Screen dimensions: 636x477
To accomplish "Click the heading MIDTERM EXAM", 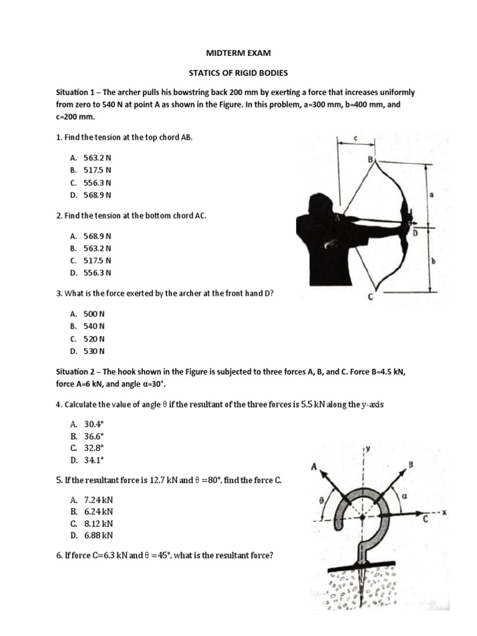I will (238, 53).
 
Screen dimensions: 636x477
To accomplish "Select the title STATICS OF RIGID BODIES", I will (238, 73).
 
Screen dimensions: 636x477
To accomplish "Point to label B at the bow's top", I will (371, 160).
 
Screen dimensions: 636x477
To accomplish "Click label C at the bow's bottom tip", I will (371, 298).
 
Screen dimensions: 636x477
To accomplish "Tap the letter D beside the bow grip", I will (416, 233).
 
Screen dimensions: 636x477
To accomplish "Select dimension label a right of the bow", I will (432, 194).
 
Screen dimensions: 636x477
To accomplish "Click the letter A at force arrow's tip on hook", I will (315, 468).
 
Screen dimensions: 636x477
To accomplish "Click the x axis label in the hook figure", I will (445, 512).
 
